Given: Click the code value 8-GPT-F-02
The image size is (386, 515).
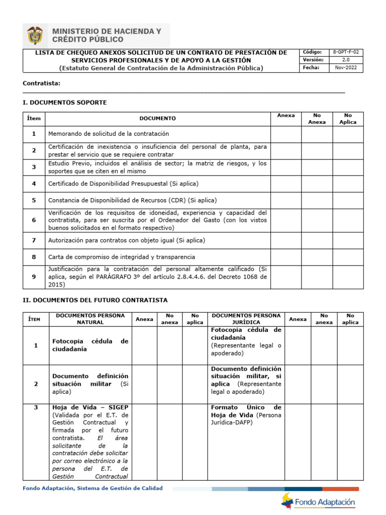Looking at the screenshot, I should click(346, 52).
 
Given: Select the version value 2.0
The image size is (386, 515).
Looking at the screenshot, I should click(346, 60).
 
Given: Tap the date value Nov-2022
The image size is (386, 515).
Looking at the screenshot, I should click(346, 68).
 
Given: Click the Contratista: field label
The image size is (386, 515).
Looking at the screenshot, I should click(42, 83).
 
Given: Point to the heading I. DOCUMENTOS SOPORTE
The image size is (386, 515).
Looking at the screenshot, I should click(65, 103).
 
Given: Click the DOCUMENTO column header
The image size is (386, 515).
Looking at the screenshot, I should click(157, 119).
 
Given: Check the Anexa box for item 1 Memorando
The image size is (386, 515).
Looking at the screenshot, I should click(285, 134).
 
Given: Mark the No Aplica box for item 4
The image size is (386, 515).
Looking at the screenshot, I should click(348, 184).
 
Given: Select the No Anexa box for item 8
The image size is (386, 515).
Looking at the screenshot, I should click(317, 257).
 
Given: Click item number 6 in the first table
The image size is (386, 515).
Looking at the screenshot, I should click(34, 220).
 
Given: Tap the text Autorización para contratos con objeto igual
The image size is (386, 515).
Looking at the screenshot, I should click(126, 240).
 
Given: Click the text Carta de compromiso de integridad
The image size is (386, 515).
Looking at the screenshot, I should click(121, 257).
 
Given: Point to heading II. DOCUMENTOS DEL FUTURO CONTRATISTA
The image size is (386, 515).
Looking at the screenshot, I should click(95, 300).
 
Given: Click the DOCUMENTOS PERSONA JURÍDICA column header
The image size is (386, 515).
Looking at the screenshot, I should click(246, 319).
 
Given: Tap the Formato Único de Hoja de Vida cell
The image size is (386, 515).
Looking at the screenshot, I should click(246, 415).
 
